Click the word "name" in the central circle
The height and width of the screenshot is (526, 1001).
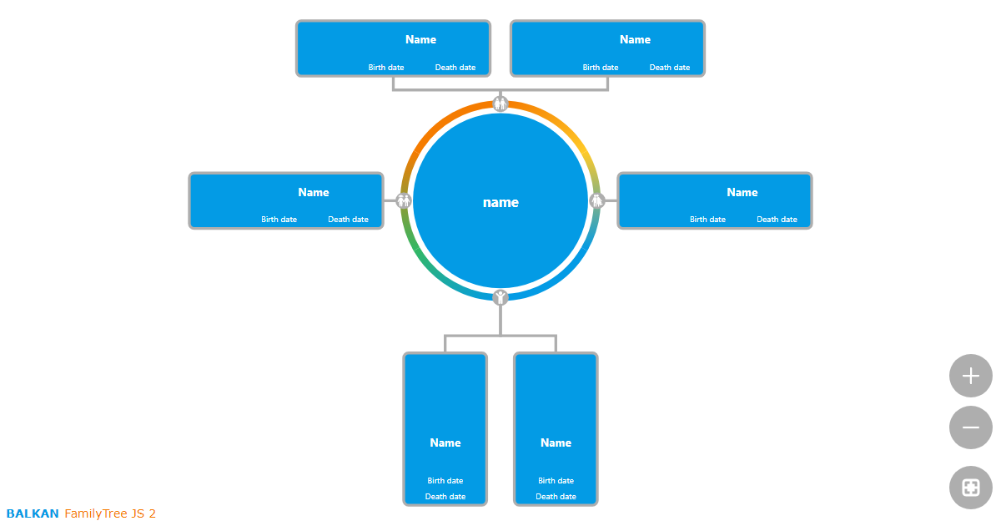tap(500, 203)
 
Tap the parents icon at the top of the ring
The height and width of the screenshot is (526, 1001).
tap(500, 104)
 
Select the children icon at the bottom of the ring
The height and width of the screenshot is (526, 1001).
tap(500, 297)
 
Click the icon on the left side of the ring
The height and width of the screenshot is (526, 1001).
tap(404, 200)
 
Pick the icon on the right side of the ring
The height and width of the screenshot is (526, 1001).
tap(597, 200)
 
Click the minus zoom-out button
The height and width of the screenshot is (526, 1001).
tap(970, 427)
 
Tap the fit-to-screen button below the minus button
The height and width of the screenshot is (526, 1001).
tap(970, 488)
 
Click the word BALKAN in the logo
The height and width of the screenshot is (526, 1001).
tap(33, 513)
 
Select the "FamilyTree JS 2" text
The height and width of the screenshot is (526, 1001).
tap(110, 513)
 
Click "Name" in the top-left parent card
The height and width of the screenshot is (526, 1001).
tap(420, 39)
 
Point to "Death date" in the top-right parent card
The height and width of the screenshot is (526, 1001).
tap(670, 68)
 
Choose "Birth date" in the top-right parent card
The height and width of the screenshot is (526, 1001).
tap(601, 68)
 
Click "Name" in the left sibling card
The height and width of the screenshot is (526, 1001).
tap(314, 192)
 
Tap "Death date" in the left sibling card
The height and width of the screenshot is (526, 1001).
tap(348, 220)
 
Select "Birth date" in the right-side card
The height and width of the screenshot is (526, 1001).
tap(707, 220)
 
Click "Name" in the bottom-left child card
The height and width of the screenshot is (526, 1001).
tap(445, 443)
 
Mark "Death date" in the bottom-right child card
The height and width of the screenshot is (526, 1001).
tap(556, 497)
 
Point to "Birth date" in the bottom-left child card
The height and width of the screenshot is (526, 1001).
tap(445, 481)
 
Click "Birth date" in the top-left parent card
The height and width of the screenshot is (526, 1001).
tap(386, 68)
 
